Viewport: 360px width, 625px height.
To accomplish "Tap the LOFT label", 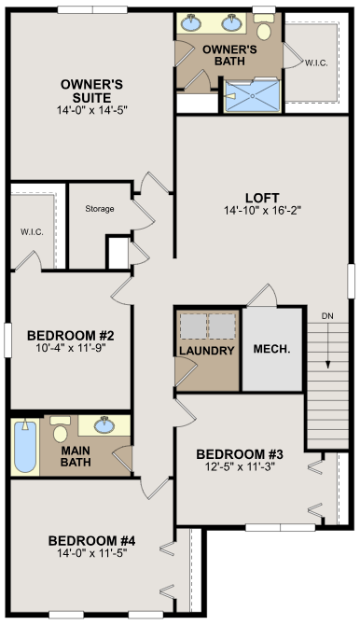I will pos(256,198).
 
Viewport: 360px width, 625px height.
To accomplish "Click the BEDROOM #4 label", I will pos(91,541).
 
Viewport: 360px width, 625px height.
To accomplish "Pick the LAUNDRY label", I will pos(206,351).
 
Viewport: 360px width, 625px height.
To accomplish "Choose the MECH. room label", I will pos(272,350).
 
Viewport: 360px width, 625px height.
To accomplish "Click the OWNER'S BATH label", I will pos(228,55).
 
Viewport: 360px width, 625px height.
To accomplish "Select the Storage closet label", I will pos(99,209).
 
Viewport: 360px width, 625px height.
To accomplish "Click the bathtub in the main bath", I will pos(24,449).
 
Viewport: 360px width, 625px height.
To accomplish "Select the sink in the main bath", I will pos(104,424).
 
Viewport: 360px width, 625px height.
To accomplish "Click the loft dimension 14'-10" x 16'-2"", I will pos(256,212).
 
